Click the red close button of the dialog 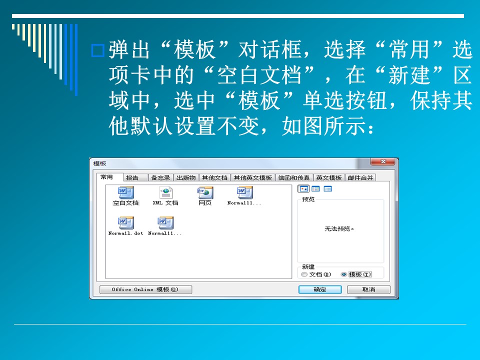(383, 161)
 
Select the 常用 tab (106, 177)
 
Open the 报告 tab (132, 178)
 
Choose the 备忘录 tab (160, 178)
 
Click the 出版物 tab (186, 178)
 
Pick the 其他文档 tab (214, 178)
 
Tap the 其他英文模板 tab (253, 178)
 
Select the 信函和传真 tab (294, 178)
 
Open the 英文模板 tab (329, 178)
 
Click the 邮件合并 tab (360, 178)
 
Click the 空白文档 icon (126, 192)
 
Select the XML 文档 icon (165, 192)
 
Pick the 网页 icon (205, 192)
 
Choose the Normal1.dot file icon (126, 223)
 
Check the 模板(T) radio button (344, 274)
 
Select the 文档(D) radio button (304, 274)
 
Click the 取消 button (368, 289)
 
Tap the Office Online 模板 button (145, 289)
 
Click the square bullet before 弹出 (98, 50)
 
